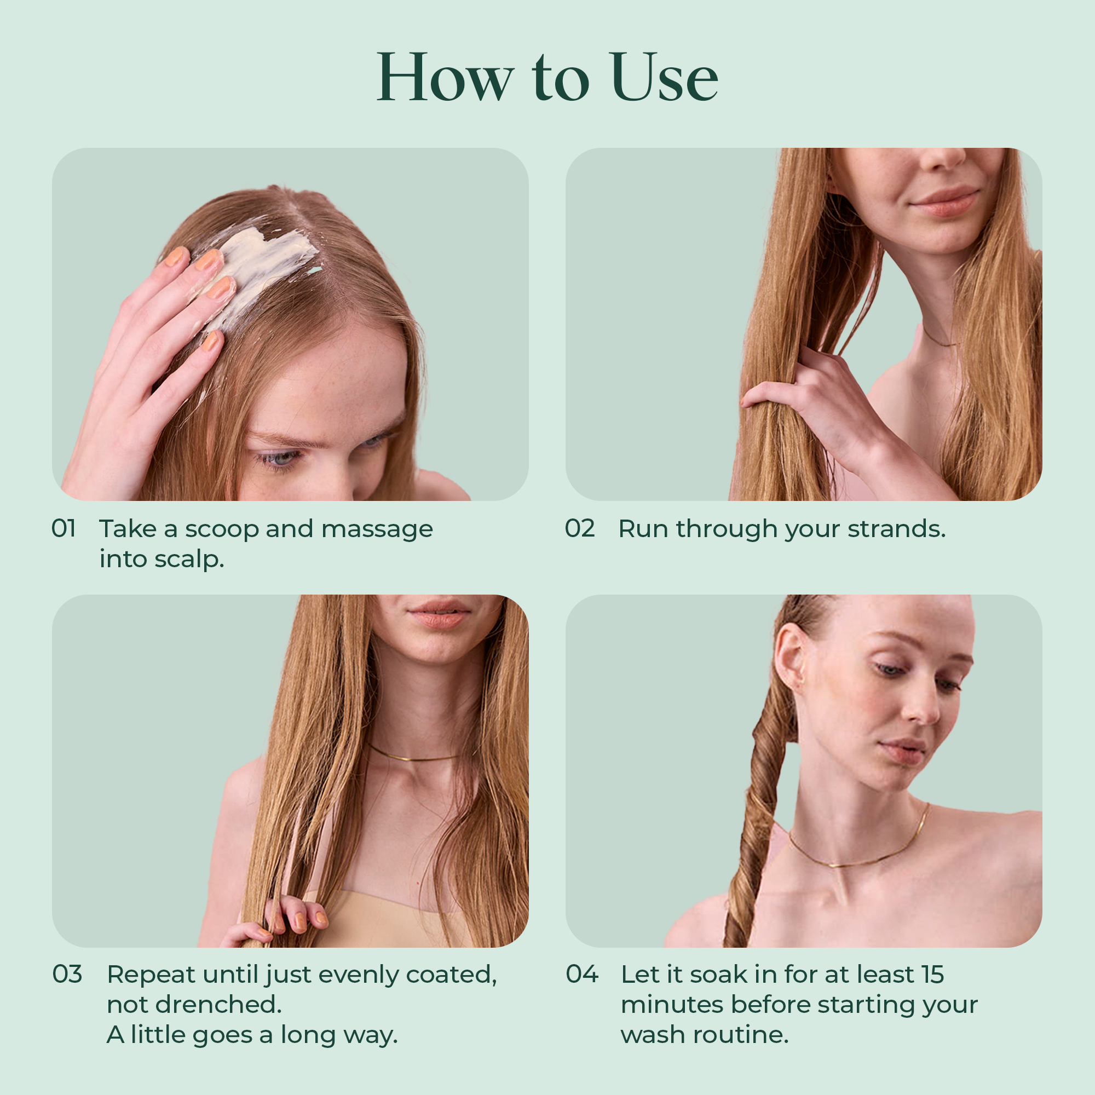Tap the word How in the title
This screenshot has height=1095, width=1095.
pos(445,78)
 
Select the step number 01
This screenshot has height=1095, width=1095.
pos(64,528)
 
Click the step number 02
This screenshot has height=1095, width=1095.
pos(579,528)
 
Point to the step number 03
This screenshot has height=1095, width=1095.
pos(67,975)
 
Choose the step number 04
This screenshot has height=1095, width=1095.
pos(581,975)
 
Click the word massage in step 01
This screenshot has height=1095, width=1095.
pos(377,529)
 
